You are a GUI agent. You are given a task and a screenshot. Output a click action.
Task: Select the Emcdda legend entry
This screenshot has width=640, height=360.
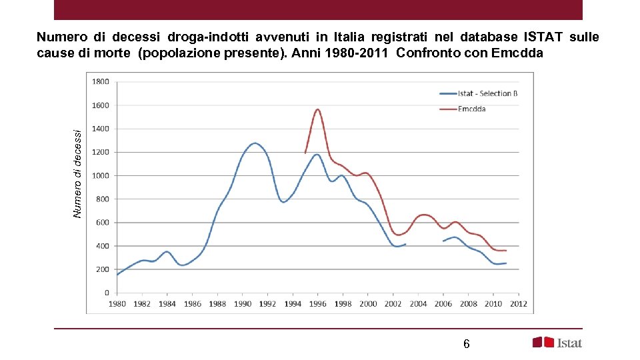click(472, 109)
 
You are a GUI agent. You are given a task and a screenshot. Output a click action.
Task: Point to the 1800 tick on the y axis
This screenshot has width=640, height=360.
click(101, 82)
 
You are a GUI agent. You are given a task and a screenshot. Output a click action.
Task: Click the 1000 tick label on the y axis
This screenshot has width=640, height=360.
click(101, 176)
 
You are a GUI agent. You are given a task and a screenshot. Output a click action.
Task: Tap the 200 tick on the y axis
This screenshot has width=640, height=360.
click(103, 269)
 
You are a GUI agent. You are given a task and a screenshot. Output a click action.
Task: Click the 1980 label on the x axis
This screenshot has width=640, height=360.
click(117, 304)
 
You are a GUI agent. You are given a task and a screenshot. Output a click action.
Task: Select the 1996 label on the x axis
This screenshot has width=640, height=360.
click(318, 304)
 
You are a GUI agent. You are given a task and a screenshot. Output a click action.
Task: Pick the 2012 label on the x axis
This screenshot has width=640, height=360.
click(519, 304)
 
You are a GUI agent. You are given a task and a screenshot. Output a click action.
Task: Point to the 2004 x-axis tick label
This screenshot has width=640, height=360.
click(418, 304)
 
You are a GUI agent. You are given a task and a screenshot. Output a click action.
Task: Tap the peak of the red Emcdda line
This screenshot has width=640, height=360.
click(318, 109)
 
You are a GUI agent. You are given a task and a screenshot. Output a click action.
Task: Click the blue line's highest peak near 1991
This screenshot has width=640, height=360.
click(255, 143)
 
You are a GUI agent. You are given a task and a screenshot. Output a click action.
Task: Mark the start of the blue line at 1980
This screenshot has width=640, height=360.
click(117, 275)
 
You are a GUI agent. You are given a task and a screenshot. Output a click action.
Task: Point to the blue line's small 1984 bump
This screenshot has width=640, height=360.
click(167, 251)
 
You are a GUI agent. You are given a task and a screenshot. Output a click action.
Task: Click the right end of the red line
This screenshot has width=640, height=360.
click(506, 251)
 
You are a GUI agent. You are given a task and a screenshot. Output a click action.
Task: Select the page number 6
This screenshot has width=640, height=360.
click(466, 344)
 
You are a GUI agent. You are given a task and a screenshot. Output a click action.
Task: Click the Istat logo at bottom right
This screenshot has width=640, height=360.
click(557, 343)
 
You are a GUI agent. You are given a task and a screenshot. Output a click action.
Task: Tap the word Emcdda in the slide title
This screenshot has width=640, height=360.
click(517, 53)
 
